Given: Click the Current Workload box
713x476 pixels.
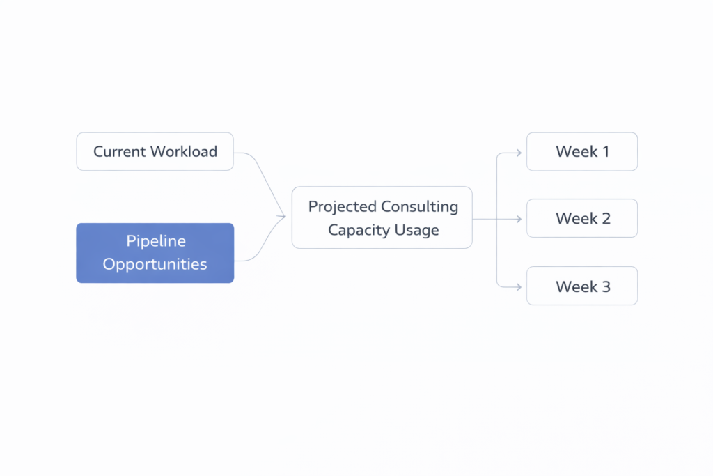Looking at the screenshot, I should [155, 151].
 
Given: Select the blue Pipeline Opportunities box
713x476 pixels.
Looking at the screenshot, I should [155, 253].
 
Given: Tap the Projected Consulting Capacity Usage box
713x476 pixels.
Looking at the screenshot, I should [382, 217].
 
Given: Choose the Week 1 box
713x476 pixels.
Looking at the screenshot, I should [581, 151].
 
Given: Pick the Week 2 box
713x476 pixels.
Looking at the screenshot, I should [581, 218].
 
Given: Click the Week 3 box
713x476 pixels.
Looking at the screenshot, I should [581, 286].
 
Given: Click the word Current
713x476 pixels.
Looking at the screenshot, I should [120, 151].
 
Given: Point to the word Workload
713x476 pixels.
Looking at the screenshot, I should [185, 151].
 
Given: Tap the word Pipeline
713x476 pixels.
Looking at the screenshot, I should [155, 241].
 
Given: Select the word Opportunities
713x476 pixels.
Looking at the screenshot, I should [155, 264].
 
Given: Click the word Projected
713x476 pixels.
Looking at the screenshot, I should [342, 206].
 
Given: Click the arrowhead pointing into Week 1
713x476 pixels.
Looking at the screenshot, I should [518, 152].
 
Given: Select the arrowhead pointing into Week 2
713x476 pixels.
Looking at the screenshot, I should [518, 219].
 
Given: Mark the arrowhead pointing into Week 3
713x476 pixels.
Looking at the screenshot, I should [518, 286].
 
